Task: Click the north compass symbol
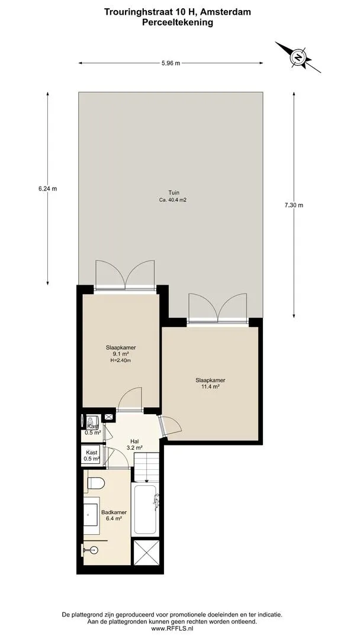[x=298, y=57]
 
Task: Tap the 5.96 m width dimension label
[x=171, y=63]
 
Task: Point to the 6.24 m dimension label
[x=48, y=189]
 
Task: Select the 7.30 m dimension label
[x=294, y=205]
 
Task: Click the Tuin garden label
[x=174, y=193]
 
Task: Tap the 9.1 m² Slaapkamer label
[x=121, y=354]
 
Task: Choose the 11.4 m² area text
[x=210, y=387]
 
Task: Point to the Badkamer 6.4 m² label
[x=114, y=515]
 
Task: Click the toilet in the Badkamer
[x=97, y=483]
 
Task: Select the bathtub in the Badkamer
[x=145, y=509]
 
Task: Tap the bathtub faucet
[x=155, y=499]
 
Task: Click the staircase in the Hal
[x=146, y=467]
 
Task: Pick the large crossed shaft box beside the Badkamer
[x=146, y=553]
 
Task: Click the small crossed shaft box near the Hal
[x=110, y=417]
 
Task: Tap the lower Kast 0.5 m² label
[x=92, y=456]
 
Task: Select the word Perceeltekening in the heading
[x=178, y=23]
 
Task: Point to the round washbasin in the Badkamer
[x=94, y=550]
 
